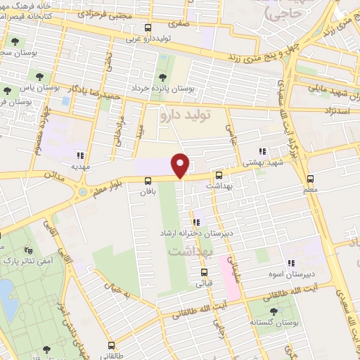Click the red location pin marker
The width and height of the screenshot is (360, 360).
tap(181, 165)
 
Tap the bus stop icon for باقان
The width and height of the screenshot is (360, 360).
tap(147, 180)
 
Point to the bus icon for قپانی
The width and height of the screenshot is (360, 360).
tap(204, 272)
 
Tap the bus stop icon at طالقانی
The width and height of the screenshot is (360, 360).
tap(112, 345)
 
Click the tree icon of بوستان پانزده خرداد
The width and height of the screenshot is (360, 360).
tap(163, 77)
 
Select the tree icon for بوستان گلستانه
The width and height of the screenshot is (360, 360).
tap(274, 311)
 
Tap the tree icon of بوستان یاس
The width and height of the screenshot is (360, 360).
tap(7, 90)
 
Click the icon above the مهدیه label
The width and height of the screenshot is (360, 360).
tap(82, 155)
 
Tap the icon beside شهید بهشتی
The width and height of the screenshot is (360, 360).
tap(262, 151)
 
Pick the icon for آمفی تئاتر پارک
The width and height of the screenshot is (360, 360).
tap(29, 250)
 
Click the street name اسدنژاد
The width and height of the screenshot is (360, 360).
tap(337, 111)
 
